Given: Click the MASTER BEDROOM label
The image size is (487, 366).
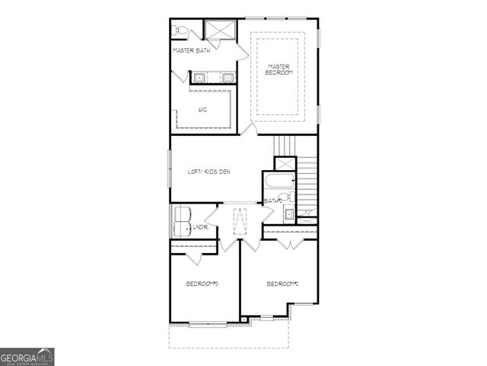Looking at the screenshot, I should tap(280, 69).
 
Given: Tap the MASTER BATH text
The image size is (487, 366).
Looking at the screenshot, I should tap(191, 51).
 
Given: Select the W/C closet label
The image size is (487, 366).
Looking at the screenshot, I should tap(202, 110).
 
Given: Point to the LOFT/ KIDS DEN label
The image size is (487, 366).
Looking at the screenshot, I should tap(208, 172).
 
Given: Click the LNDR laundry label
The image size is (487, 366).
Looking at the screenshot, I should tap(201, 227).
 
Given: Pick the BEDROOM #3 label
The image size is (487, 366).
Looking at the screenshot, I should tap(202, 284).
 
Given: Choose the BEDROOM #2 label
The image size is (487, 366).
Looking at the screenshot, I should tap(282, 284).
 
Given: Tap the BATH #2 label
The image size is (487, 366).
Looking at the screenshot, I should tap(273, 201).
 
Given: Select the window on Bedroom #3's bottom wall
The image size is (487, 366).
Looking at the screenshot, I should tap(208, 324).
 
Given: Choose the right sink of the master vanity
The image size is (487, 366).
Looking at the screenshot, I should tap(227, 77).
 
